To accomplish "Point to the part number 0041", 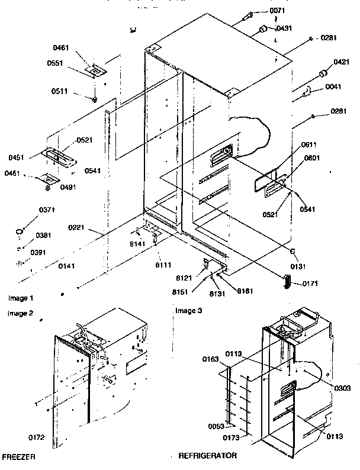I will pos(334,88).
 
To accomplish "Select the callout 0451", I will pos(17,157).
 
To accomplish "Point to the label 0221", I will pos(76,227).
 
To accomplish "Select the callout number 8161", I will pos(246,291).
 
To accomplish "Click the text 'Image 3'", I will pos(189,311).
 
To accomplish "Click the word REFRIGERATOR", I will pos(208,456).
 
